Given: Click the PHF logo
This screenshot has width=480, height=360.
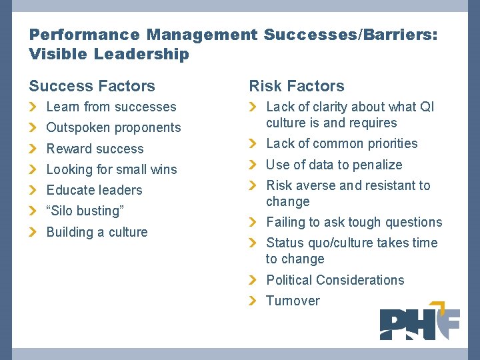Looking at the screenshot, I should [419, 324].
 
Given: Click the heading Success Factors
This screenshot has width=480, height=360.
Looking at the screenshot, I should [92, 86].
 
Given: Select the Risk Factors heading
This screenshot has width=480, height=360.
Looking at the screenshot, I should [297, 86].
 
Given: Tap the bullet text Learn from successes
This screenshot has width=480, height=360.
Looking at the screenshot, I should [111, 107].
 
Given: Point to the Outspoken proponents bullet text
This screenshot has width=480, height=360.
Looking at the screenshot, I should [113, 127].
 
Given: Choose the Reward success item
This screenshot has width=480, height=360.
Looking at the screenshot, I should [95, 149].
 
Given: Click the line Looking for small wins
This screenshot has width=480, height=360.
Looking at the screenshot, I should [111, 169].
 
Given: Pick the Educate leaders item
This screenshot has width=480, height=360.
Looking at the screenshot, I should [94, 190].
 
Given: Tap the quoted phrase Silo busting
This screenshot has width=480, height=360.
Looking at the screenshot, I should [85, 211].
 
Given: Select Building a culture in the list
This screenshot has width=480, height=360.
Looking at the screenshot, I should [97, 232].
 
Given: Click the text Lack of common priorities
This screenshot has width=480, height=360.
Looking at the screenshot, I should [341, 143].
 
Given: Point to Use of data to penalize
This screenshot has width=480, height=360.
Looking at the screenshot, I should [334, 165].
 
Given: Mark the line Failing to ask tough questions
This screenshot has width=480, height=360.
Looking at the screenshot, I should [354, 222].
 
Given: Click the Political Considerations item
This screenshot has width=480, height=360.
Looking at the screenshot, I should [335, 280].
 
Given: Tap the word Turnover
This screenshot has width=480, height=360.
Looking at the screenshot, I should [293, 301].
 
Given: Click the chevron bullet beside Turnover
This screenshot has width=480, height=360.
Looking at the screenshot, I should [252, 301].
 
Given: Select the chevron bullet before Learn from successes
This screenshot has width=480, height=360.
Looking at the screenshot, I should [33, 107].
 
